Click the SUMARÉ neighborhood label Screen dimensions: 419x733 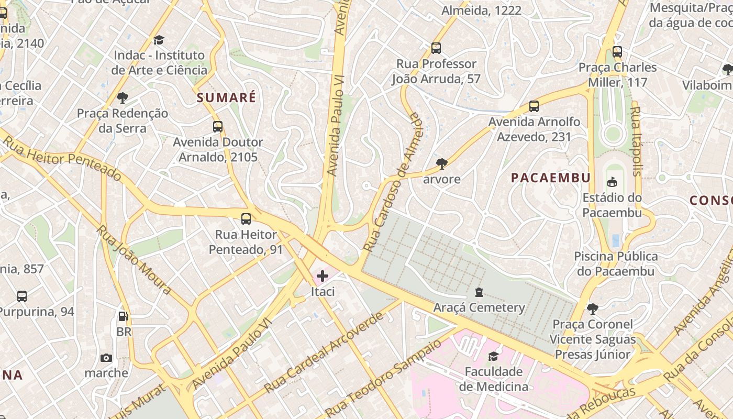(226, 97)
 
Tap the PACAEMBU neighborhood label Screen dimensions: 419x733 (550, 178)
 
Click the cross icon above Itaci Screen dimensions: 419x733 (323, 276)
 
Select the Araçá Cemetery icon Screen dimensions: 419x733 (479, 292)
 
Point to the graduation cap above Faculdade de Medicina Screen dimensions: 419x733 (493, 357)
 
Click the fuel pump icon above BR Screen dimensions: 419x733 (124, 316)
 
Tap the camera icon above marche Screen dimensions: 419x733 (106, 358)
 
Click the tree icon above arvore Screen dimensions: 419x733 (441, 164)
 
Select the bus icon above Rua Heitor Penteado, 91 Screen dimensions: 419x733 (246, 219)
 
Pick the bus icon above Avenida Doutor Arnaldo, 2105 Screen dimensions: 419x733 (218, 127)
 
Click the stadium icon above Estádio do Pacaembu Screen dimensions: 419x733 (612, 182)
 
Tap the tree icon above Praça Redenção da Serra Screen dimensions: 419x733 (123, 98)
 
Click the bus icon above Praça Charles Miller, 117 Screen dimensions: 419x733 (617, 52)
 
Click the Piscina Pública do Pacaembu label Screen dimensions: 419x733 (616, 263)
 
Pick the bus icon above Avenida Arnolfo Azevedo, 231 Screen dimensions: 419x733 (534, 106)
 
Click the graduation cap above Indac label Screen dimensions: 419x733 (159, 40)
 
